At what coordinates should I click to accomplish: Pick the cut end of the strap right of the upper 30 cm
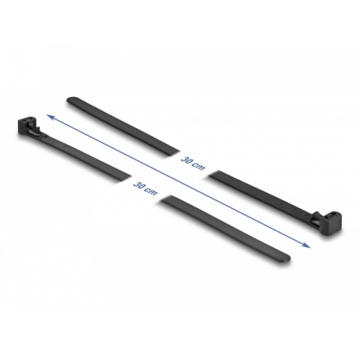(x=217, y=173)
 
